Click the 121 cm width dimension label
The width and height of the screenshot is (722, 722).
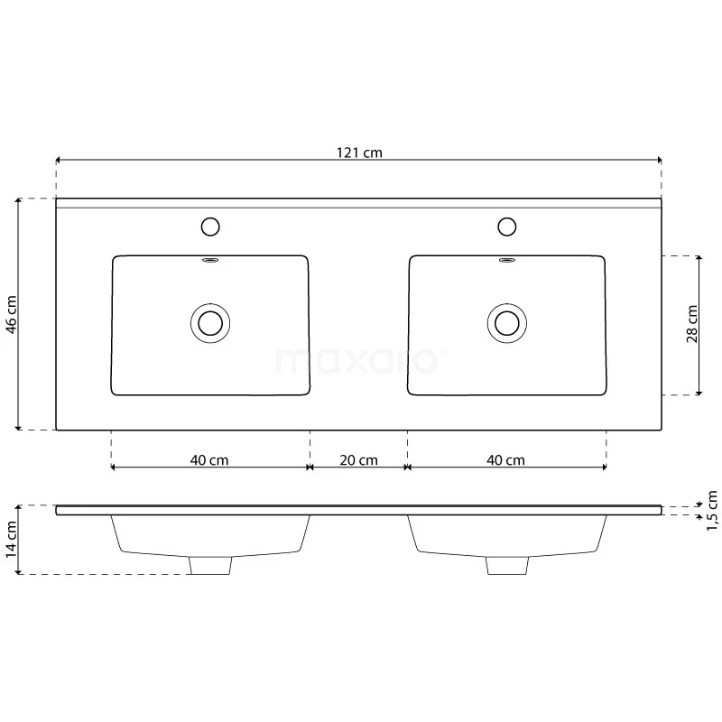click(359, 153)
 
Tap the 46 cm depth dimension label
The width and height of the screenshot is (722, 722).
click(12, 314)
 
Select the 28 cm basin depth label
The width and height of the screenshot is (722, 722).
click(692, 325)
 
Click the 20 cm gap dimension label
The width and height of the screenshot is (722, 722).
click(358, 460)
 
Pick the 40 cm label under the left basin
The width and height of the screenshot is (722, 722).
click(209, 459)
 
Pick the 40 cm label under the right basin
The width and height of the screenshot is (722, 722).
click(505, 459)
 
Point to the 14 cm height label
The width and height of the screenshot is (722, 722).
click(12, 540)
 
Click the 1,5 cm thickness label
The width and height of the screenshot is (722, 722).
click(712, 511)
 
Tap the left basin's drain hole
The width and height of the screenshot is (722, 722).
click(210, 322)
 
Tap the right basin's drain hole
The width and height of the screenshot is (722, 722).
click(506, 322)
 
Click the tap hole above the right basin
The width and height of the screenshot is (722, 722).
click(506, 226)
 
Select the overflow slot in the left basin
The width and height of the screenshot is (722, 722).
click(210, 262)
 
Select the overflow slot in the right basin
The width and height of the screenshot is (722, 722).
click(506, 262)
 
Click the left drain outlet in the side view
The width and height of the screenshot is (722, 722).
click(210, 565)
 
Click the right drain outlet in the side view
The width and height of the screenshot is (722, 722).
click(506, 565)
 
